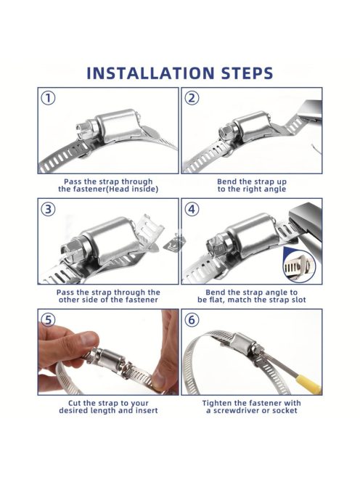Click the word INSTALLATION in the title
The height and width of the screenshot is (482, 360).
150,73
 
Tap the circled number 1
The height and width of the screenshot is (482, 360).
49,99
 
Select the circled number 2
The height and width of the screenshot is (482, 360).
192,99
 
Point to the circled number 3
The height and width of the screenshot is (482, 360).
49,209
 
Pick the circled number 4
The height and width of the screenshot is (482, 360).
192,209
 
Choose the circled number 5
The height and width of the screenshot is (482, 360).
49,320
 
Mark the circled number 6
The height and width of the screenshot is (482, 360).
192,320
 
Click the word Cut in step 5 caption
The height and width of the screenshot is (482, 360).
75,403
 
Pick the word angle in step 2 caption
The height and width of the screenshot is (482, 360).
274,189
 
